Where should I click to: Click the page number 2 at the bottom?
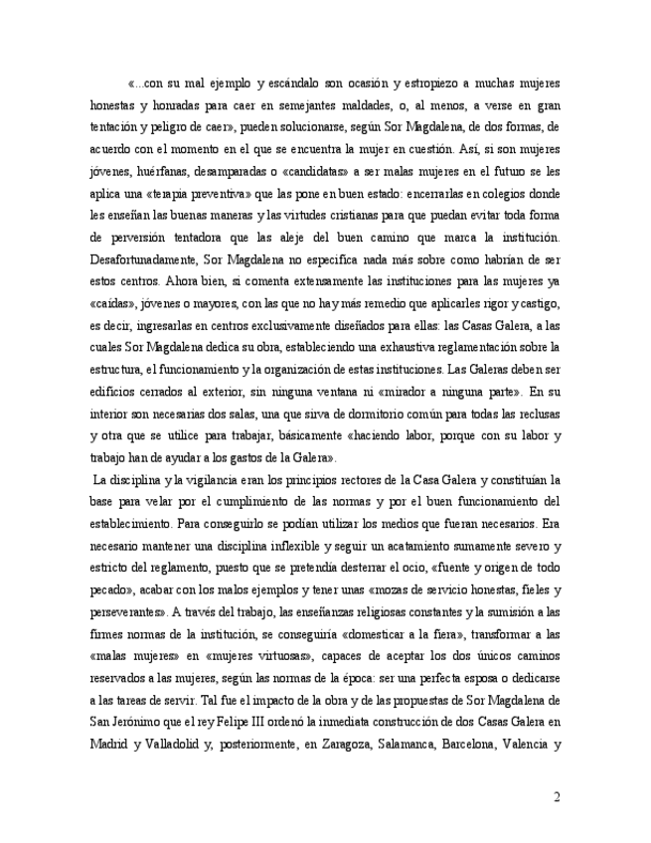(558, 795)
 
